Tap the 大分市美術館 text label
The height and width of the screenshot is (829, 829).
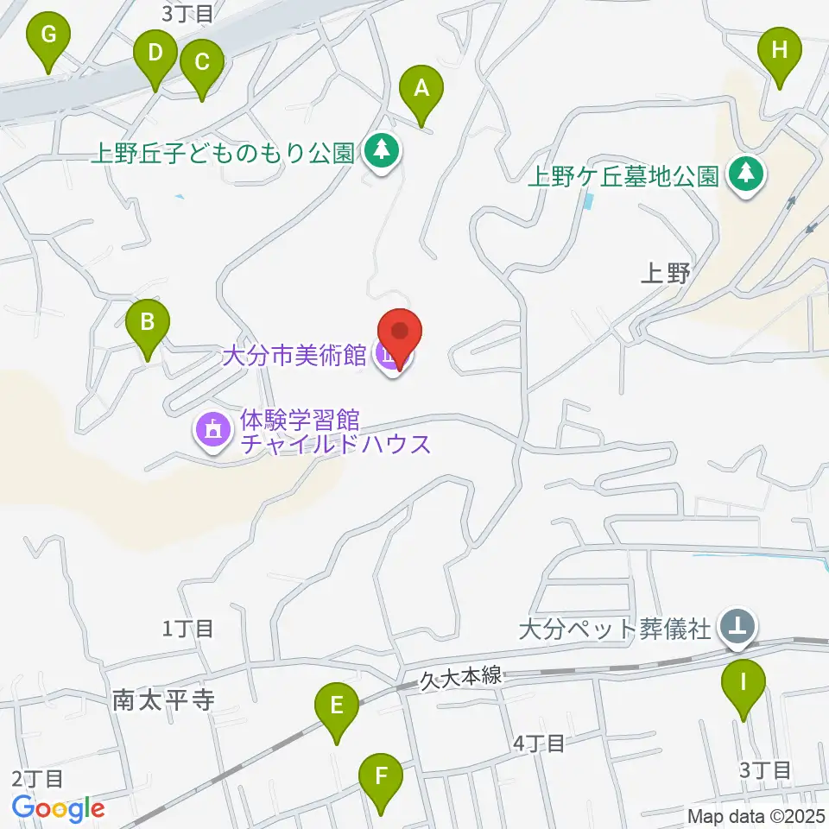[294, 355]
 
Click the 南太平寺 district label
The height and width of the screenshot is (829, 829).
[163, 699]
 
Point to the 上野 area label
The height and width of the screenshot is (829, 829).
[667, 275]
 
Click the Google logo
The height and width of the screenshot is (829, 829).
[58, 809]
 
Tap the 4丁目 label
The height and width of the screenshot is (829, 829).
[540, 743]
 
